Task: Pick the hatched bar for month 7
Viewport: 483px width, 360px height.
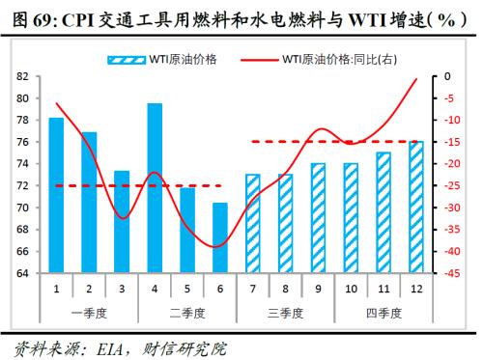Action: (x=253, y=224)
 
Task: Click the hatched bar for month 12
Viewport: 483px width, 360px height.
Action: (x=416, y=208)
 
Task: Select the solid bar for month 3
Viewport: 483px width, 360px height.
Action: (x=122, y=222)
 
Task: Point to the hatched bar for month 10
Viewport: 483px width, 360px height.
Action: (x=351, y=218)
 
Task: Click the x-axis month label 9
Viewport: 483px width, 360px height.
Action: (x=318, y=289)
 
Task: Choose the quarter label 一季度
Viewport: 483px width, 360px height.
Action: (x=89, y=312)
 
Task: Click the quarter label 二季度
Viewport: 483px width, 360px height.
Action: (x=187, y=312)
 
